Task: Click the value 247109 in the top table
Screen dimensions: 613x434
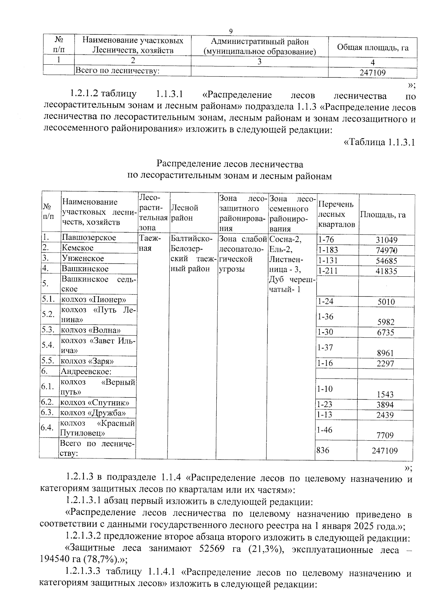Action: point(373,73)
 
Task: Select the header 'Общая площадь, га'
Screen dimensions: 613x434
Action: point(373,47)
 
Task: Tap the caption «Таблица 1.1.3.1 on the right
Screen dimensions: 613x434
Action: point(379,142)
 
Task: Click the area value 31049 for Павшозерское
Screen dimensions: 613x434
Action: point(386,240)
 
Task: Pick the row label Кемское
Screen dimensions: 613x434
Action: point(77,248)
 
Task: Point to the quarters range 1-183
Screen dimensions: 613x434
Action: point(327,250)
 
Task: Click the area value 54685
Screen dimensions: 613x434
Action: point(386,261)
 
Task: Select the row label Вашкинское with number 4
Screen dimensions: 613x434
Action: point(85,269)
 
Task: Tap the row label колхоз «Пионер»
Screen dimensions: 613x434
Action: point(93,300)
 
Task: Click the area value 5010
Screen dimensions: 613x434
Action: point(386,302)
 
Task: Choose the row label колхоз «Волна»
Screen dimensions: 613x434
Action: point(90,330)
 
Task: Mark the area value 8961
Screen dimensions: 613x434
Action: point(385,353)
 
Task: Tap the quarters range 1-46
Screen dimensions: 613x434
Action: point(324,430)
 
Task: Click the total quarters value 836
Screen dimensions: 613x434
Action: point(323,450)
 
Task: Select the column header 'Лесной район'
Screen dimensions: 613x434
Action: point(184,213)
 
